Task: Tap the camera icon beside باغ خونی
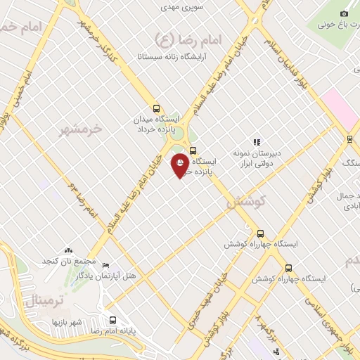pyautogui.click(x=344, y=13)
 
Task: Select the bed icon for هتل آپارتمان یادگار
pyautogui.click(x=105, y=266)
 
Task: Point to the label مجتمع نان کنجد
pyautogui.click(x=67, y=261)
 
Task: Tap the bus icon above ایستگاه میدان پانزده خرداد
pyautogui.click(x=156, y=109)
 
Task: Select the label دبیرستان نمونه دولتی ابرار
pyautogui.click(x=257, y=157)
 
